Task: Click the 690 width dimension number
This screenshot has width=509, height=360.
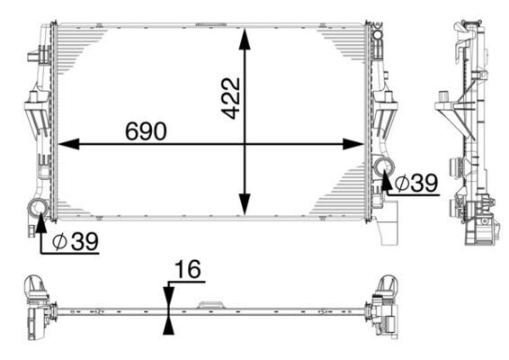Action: click(x=144, y=130)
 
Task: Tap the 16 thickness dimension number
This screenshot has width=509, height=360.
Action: click(x=187, y=270)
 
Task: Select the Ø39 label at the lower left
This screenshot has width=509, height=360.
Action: click(x=74, y=241)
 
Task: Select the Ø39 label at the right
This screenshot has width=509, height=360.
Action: click(x=415, y=183)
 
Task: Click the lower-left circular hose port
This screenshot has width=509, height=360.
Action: click(x=39, y=211)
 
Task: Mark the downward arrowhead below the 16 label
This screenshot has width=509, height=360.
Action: click(x=168, y=298)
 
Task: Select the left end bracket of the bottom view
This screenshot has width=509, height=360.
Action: click(x=37, y=308)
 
